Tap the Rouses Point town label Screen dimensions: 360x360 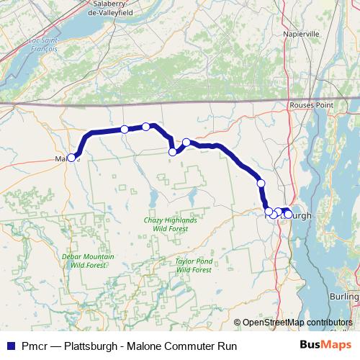pyautogui.click(x=311, y=105)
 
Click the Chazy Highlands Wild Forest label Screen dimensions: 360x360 pyautogui.click(x=170, y=223)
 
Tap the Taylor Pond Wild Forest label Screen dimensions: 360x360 pyautogui.click(x=193, y=265)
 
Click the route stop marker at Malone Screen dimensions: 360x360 pyautogui.click(x=72, y=158)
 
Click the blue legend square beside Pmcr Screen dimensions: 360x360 pyautogui.click(x=10, y=346)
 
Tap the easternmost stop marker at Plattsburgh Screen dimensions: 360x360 pyautogui.click(x=288, y=215)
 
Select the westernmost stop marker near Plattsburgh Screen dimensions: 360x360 pyautogui.click(x=269, y=211)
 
